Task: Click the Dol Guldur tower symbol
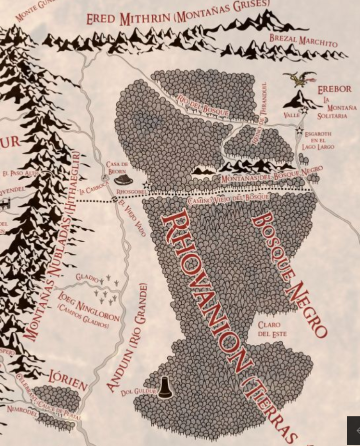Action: pyautogui.click(x=165, y=387)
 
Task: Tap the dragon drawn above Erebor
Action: pyautogui.click(x=301, y=79)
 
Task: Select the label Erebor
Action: pyautogui.click(x=334, y=89)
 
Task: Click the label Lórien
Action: pyautogui.click(x=68, y=380)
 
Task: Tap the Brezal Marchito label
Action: pyautogui.click(x=303, y=41)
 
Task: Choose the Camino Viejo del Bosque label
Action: pyautogui.click(x=228, y=199)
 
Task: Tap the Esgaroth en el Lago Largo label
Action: pyautogui.click(x=318, y=141)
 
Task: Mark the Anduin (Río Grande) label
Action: pyautogui.click(x=127, y=337)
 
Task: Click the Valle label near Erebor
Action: pyautogui.click(x=291, y=115)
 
